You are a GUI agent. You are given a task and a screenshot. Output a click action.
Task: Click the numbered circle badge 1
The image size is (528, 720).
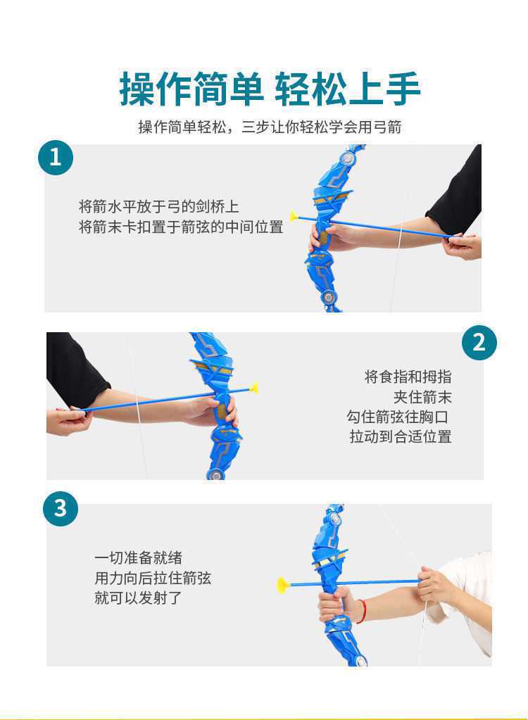tap(56, 158)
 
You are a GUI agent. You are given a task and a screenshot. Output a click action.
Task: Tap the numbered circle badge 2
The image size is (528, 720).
tap(479, 343)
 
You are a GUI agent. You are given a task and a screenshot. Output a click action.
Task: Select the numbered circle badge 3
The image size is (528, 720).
tap(60, 509)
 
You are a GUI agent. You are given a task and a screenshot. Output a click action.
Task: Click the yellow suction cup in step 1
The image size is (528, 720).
tap(294, 215)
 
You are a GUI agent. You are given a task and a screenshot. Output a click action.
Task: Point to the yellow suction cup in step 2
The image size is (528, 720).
tap(253, 388)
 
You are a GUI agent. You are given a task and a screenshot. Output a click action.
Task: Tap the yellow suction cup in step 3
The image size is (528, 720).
tap(282, 585)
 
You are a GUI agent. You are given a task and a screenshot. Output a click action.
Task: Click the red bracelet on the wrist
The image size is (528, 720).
tap(363, 611)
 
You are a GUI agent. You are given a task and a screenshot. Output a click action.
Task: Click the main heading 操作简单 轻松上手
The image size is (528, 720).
tap(270, 89)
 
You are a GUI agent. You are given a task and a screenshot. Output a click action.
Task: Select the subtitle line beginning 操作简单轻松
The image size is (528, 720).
tap(270, 127)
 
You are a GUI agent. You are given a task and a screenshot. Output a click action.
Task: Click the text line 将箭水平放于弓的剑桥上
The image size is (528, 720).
tap(159, 207)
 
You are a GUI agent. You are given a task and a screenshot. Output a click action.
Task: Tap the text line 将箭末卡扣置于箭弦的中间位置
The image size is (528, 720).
tap(181, 227)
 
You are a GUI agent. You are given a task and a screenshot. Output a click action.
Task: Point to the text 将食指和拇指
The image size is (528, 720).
tap(408, 377)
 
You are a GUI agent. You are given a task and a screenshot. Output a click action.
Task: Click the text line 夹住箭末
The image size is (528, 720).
tap(422, 397)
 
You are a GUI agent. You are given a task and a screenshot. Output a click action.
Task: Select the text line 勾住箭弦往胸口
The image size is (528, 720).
tap(398, 417)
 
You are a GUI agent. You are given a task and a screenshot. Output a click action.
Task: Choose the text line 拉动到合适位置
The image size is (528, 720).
tap(401, 436)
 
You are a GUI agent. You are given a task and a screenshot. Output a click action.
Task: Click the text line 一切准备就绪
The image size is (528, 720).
tap(138, 558)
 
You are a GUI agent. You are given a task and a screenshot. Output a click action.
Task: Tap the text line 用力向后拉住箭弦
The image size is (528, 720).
tap(153, 578)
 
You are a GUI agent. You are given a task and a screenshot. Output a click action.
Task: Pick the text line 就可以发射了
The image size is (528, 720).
tap(138, 598)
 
